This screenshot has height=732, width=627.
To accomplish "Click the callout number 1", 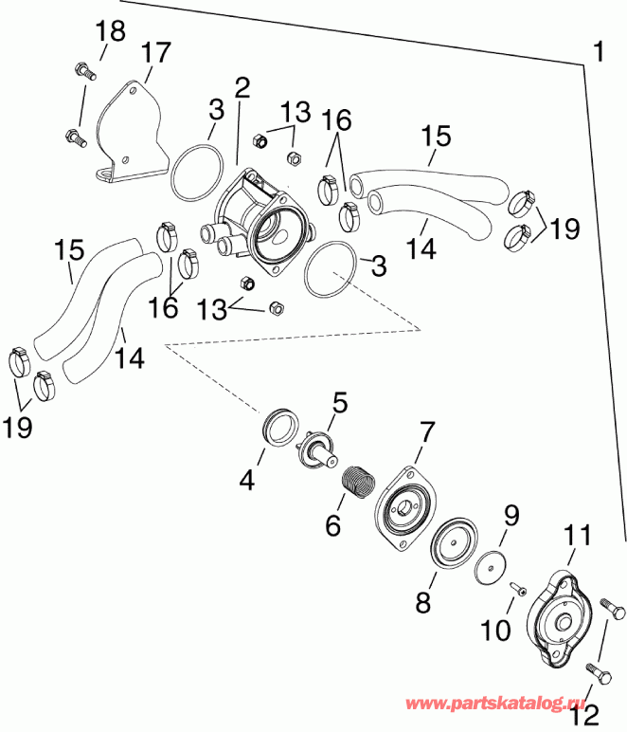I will (598, 50).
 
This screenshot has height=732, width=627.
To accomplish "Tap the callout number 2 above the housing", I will (242, 89).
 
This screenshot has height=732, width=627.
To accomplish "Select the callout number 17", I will (153, 52).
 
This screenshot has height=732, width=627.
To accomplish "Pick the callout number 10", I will (498, 631).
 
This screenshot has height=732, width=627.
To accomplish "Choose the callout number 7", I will (426, 433).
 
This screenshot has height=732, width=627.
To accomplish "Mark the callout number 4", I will (247, 481).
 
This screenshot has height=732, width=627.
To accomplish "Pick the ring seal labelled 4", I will (278, 426).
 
